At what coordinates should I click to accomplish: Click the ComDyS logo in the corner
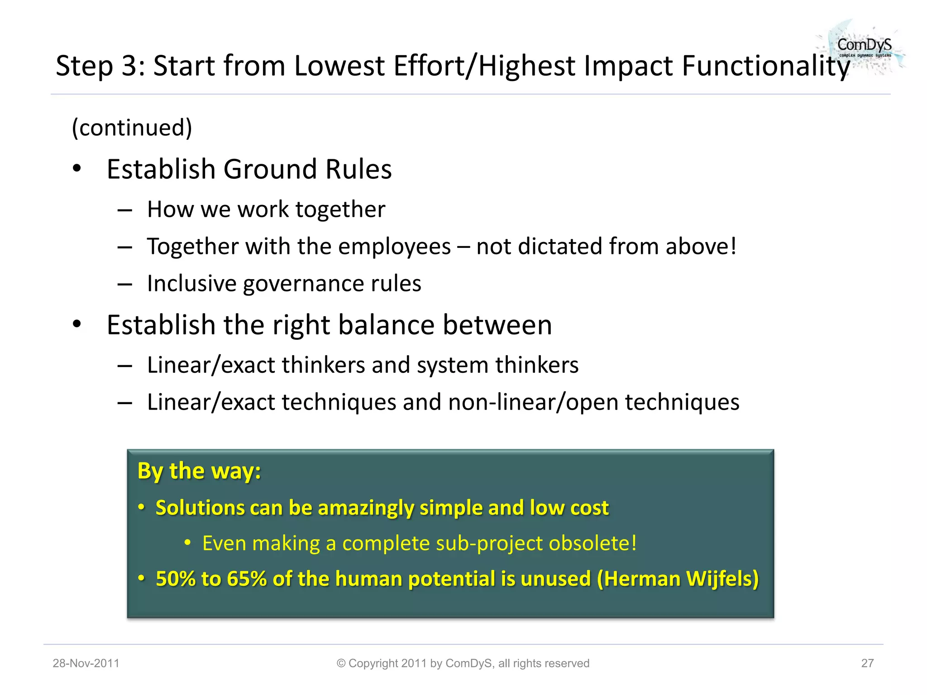pyautogui.click(x=864, y=47)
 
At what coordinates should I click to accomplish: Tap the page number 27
pyautogui.click(x=867, y=663)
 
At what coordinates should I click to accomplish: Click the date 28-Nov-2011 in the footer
pyautogui.click(x=86, y=663)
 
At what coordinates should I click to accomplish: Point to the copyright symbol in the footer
pyautogui.click(x=341, y=663)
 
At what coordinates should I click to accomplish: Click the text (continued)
pyautogui.click(x=132, y=128)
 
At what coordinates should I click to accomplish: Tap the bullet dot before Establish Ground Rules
pyautogui.click(x=77, y=168)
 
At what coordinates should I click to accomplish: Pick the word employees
pyautogui.click(x=394, y=247)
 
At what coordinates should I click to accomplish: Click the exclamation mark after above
pyautogui.click(x=733, y=246)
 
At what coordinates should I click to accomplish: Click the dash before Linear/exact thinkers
pyautogui.click(x=124, y=366)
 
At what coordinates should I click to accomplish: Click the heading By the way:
pyautogui.click(x=199, y=471)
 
